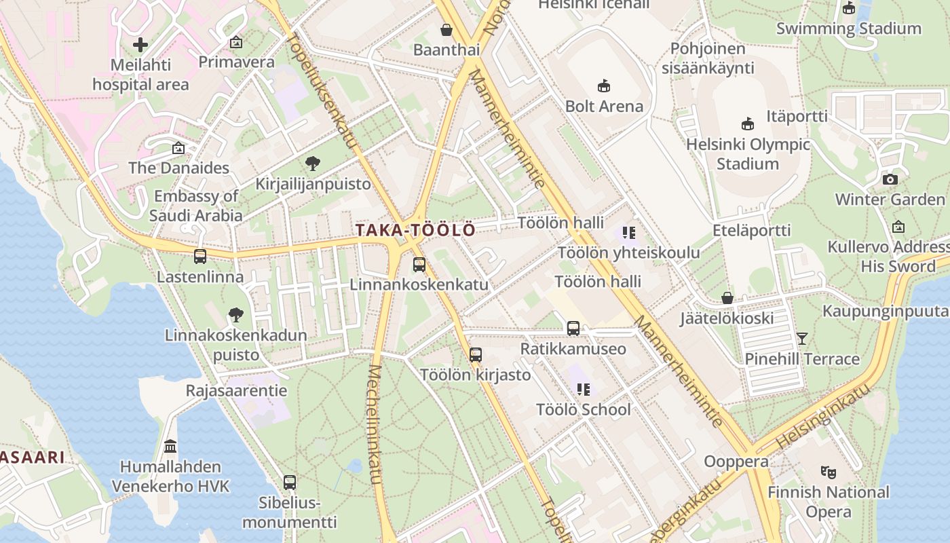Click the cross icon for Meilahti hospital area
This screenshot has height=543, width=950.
click(140, 45)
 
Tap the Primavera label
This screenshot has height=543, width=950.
click(236, 62)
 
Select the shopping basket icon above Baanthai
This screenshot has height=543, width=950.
click(446, 30)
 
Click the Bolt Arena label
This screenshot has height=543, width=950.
click(604, 106)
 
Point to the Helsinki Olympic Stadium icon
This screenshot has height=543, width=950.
click(748, 124)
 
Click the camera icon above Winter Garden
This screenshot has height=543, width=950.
click(890, 179)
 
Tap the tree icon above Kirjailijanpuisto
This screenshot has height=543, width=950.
click(313, 164)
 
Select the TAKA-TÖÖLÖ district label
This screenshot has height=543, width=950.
click(415, 231)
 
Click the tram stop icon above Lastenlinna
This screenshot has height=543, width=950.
click(200, 257)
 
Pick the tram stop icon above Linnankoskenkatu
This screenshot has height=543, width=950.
click(419, 265)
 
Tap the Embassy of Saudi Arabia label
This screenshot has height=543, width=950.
click(196, 206)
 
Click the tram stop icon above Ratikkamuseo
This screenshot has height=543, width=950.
click(573, 329)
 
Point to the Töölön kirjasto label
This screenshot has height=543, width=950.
click(475, 375)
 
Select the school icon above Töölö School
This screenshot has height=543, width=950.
click(583, 390)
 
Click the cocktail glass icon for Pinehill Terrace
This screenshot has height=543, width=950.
click(802, 338)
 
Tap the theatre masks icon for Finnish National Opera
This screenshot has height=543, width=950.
click(828, 472)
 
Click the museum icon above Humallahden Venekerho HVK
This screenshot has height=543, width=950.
click(170, 447)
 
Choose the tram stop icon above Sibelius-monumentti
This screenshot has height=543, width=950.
click(290, 483)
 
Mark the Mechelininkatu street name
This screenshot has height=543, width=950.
click(375, 425)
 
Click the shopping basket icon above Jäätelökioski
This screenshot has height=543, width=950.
click(727, 298)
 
